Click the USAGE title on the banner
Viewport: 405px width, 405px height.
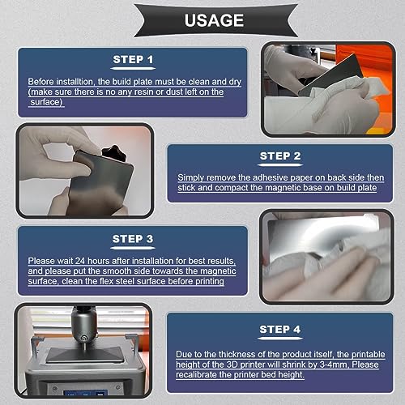pyautogui.click(x=214, y=20)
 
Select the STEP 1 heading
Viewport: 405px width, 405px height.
pyautogui.click(x=133, y=59)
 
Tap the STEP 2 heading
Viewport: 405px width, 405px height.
pyautogui.click(x=280, y=156)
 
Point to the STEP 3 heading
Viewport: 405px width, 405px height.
pyautogui.click(x=133, y=239)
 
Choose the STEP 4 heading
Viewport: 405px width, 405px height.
pyautogui.click(x=279, y=329)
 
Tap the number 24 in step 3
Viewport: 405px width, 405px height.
pyautogui.click(x=80, y=261)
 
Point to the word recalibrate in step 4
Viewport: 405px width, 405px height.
pyautogui.click(x=196, y=375)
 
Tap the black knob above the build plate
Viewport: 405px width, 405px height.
pyautogui.click(x=114, y=153)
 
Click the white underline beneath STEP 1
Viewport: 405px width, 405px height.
pyautogui.click(x=133, y=69)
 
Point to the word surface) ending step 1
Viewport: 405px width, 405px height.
pyautogui.click(x=46, y=102)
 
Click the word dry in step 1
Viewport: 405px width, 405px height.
pyautogui.click(x=235, y=82)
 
